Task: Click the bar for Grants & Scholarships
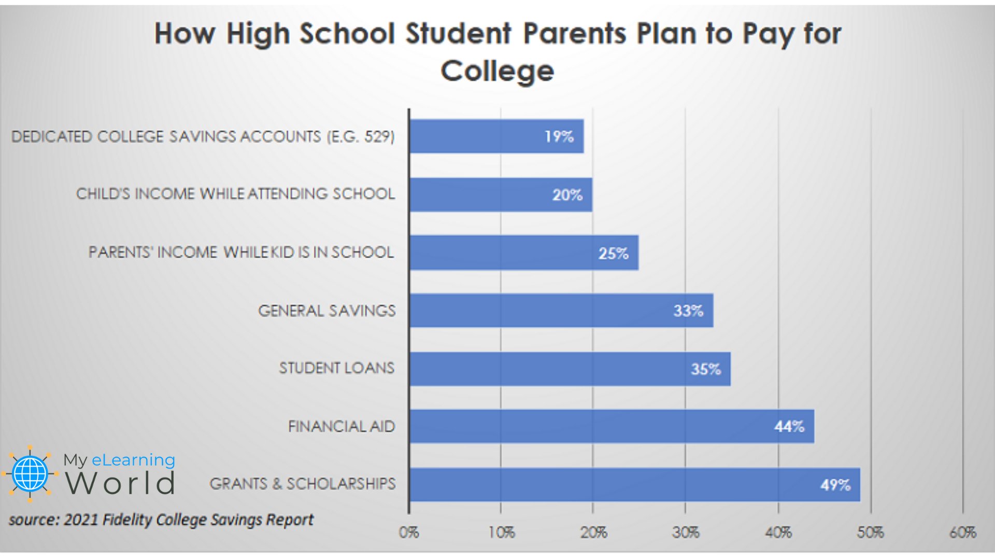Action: pyautogui.click(x=634, y=485)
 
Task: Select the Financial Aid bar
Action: pyautogui.click(x=612, y=426)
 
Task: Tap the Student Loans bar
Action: pyautogui.click(x=570, y=369)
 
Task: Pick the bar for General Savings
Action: pyautogui.click(x=561, y=311)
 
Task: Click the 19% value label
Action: pyautogui.click(x=559, y=136)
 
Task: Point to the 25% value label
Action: pyautogui.click(x=613, y=253)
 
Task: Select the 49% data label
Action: pyautogui.click(x=835, y=485)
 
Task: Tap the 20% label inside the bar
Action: pyautogui.click(x=567, y=195)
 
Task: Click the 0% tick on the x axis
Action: pyautogui.click(x=409, y=533)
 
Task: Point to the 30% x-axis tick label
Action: pyautogui.click(x=686, y=533)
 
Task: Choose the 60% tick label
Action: pyautogui.click(x=962, y=533)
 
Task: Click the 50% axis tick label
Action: pyautogui.click(x=870, y=533)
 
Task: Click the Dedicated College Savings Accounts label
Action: pyautogui.click(x=203, y=136)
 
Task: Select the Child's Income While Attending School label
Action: pyautogui.click(x=235, y=194)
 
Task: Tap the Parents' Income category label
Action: pyautogui.click(x=241, y=253)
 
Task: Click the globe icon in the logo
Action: pyautogui.click(x=30, y=473)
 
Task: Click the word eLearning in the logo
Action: pyautogui.click(x=133, y=460)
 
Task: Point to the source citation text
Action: pyautogui.click(x=161, y=520)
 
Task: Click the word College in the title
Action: pyautogui.click(x=497, y=71)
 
